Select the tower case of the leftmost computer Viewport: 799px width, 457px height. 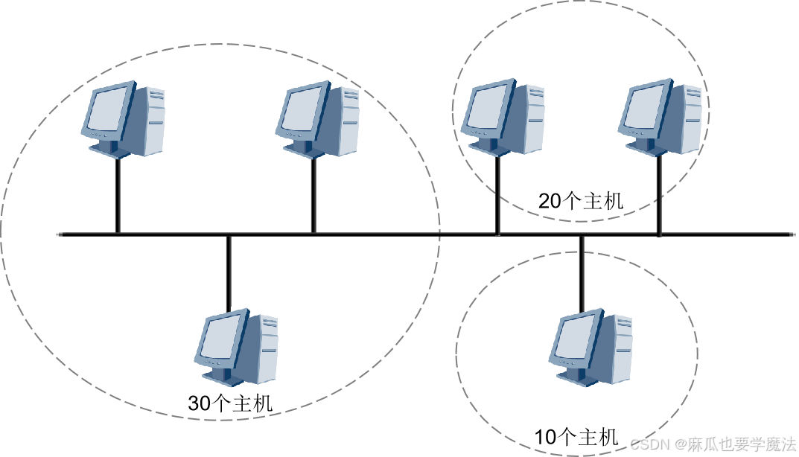coord(153,119)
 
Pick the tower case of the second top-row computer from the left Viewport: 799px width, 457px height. coord(348,119)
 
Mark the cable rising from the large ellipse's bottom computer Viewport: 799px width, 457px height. coord(230,272)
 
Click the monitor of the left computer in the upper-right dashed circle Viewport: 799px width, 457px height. coord(487,109)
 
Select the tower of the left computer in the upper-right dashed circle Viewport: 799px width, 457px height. coord(533,118)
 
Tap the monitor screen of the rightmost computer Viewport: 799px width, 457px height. coord(645,109)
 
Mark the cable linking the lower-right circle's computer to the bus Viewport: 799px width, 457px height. coord(583,272)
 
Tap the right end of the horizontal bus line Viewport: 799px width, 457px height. coord(793,234)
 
